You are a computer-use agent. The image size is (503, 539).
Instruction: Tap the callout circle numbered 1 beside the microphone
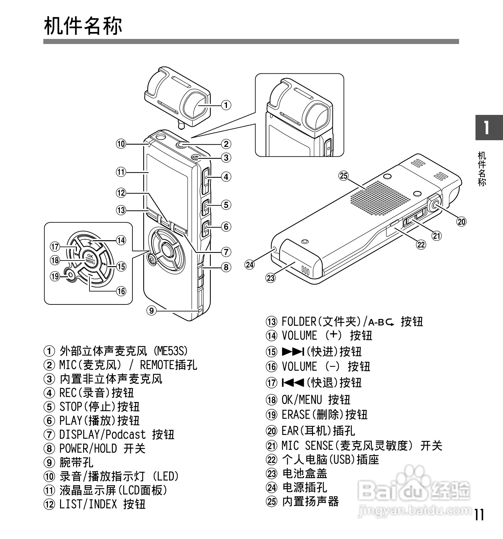226,105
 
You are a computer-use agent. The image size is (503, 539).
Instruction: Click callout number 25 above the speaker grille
344,175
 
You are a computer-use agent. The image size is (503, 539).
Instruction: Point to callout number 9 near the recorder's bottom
151,310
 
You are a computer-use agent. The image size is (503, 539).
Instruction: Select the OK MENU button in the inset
90,259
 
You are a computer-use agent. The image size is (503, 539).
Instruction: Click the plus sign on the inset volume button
90,243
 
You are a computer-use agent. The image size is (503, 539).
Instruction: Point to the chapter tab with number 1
489,127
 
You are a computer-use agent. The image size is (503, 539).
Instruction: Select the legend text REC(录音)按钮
96,393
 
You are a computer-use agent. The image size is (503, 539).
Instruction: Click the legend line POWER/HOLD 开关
102,448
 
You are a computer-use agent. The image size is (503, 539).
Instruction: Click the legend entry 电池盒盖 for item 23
304,473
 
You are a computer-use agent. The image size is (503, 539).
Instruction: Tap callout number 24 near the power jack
250,265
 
